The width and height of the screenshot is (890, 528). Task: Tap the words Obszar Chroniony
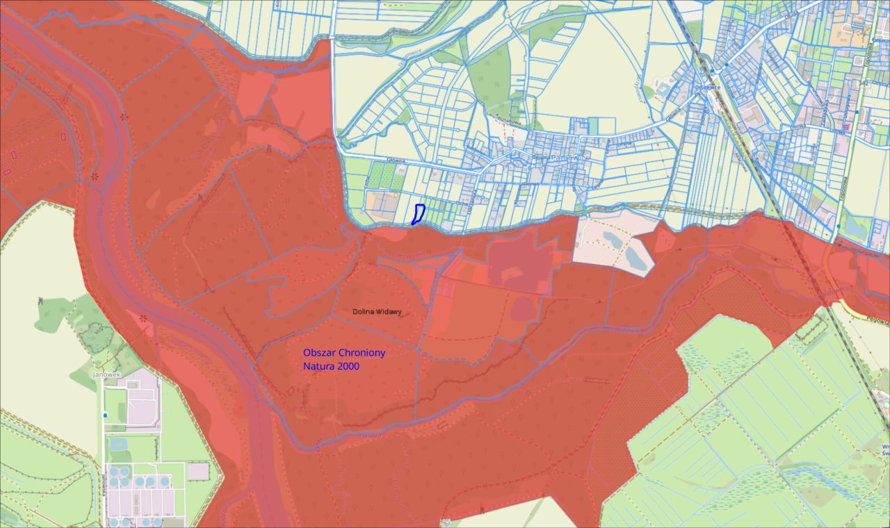(x=344, y=353)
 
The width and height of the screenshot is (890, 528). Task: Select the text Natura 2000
(x=331, y=366)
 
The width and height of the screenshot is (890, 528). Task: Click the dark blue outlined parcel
(x=418, y=213)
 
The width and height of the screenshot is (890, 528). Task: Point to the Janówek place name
(x=106, y=374)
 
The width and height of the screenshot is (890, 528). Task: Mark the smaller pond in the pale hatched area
(x=613, y=240)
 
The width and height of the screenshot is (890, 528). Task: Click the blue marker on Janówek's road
(x=105, y=415)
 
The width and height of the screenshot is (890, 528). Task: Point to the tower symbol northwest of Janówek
(x=40, y=302)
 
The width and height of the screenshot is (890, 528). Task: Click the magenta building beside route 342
(x=847, y=126)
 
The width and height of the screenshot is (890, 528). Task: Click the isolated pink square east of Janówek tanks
(x=197, y=471)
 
